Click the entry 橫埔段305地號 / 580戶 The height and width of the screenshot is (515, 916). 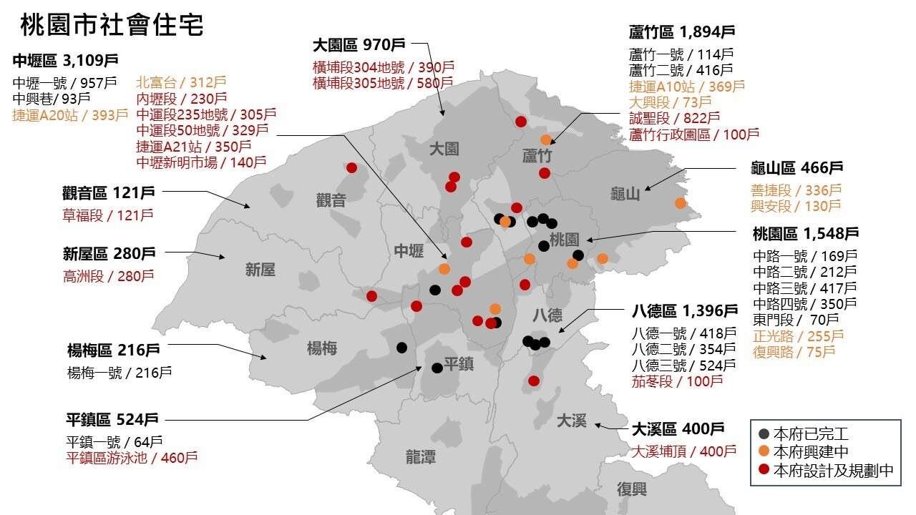[383, 83]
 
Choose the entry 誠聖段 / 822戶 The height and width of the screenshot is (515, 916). [674, 118]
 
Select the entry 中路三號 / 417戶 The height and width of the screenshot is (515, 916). [804, 288]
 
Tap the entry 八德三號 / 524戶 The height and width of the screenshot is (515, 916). [683, 365]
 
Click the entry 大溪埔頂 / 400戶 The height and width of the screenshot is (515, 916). [683, 451]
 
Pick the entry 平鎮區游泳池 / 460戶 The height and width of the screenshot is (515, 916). [132, 458]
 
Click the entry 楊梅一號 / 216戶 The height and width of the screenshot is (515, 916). [119, 372]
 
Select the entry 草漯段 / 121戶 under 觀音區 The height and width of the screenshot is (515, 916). [107, 215]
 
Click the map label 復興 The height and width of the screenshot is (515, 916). [632, 489]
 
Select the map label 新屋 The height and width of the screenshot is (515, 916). [260, 269]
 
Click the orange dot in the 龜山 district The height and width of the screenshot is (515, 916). [681, 203]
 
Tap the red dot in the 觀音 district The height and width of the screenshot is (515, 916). [351, 167]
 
